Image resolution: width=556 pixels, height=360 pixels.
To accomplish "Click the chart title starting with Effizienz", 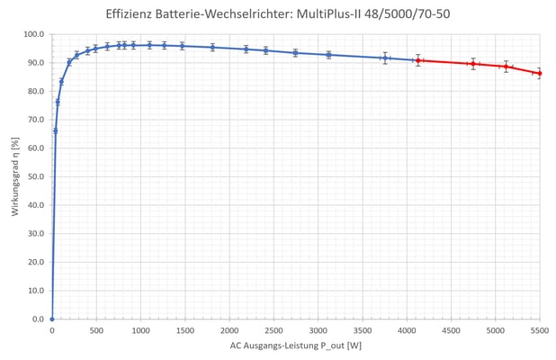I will click(x=278, y=13).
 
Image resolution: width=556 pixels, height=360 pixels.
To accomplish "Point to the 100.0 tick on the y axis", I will click(x=33, y=34).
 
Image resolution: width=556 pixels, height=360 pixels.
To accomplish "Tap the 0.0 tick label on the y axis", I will click(x=37, y=319).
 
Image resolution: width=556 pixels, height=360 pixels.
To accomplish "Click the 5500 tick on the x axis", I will click(x=539, y=330).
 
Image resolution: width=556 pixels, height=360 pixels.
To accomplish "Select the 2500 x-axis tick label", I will click(x=274, y=330).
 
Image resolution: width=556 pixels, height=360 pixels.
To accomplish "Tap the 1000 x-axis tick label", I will click(x=140, y=330).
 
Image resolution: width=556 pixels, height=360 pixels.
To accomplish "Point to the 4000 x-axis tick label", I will click(x=407, y=330).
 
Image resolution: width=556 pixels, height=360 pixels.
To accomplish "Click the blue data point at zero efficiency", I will click(x=52, y=319).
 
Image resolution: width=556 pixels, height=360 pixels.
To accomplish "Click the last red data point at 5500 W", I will click(x=539, y=73).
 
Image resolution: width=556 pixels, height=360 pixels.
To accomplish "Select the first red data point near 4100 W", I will click(x=417, y=60).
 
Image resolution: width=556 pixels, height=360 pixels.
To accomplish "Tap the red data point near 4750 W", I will click(x=473, y=64).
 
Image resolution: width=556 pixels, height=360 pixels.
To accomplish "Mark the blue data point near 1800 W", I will click(x=212, y=47).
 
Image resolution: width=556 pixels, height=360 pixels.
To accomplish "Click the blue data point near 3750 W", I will click(x=385, y=58).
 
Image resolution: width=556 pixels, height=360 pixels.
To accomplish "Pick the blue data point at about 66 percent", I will click(x=55, y=130).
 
